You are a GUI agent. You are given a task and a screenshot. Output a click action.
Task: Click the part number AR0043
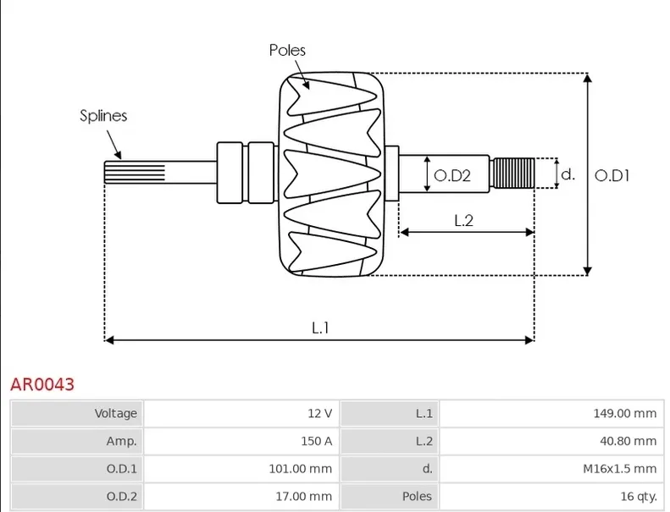tap(42, 384)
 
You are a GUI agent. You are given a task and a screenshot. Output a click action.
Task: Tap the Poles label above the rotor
tap(287, 50)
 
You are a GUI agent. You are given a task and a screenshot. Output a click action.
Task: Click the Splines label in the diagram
tap(103, 116)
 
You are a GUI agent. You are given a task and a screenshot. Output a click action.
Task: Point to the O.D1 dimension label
tap(612, 175)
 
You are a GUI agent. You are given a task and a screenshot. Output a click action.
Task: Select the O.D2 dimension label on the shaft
tap(451, 175)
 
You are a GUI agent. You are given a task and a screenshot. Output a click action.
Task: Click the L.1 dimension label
tap(320, 327)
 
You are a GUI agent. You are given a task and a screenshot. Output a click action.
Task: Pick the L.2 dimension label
tap(463, 220)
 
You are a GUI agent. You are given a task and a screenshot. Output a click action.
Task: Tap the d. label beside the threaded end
tap(568, 174)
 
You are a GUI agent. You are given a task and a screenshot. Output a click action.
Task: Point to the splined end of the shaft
tap(134, 173)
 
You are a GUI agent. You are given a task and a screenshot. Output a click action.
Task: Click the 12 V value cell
tap(319, 413)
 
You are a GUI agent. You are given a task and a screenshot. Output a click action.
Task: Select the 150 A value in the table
tap(315, 441)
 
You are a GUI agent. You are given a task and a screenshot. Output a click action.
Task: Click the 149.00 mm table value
tap(625, 413)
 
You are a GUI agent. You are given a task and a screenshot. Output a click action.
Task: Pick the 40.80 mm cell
tap(628, 441)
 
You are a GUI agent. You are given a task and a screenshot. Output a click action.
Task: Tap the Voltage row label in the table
tap(115, 413)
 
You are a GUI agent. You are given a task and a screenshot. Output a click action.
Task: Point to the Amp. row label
tap(121, 441)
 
